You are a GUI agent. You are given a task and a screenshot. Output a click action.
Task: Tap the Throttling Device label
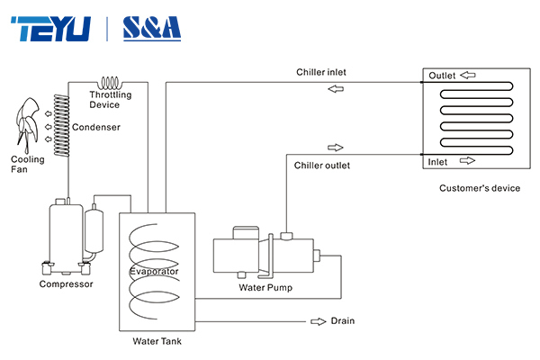coord(111,100)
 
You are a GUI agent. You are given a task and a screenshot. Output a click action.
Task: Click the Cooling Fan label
coord(27,165)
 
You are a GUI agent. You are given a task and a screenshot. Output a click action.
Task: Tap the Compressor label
coord(66,284)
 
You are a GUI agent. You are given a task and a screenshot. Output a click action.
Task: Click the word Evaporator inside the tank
coord(154,271)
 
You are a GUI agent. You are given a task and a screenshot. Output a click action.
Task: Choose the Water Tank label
coord(157,341)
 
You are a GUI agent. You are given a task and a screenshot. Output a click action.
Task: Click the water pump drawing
coord(263,256)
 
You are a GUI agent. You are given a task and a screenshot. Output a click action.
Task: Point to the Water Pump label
coord(265,288)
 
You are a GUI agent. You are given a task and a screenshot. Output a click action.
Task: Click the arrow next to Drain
coord(318,320)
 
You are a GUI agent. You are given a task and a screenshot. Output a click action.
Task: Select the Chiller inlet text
coord(321,72)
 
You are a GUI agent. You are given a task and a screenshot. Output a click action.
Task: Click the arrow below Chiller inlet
coord(335,88)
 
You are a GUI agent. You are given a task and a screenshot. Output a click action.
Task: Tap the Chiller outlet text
coord(322,166)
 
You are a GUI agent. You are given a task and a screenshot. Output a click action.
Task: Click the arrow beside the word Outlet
coord(469,76)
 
